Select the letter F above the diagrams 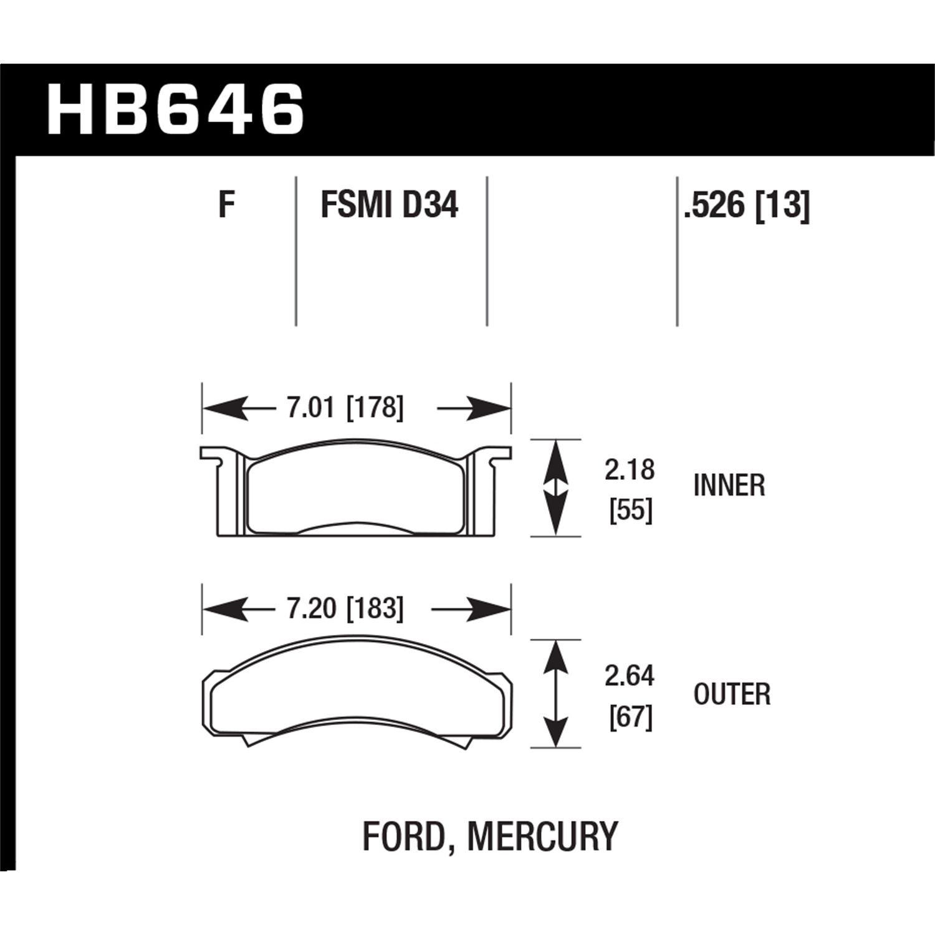[226, 204]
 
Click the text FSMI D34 [390, 204]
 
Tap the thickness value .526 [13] [747, 204]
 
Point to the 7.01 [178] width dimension [345, 408]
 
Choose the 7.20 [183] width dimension [345, 608]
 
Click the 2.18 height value [630, 470]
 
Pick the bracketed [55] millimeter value [631, 511]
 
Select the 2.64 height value [630, 676]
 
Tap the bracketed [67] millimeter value [631, 717]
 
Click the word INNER [729, 486]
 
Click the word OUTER [732, 694]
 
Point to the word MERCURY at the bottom [542, 837]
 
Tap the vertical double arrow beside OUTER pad [555, 693]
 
